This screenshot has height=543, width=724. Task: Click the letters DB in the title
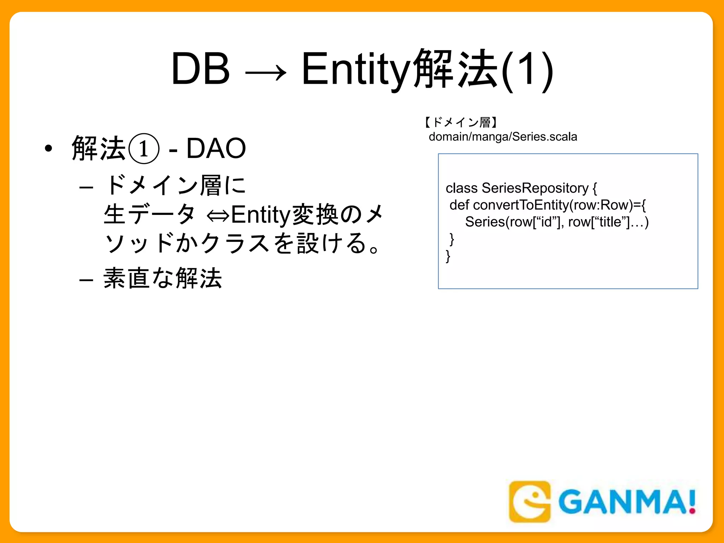[x=200, y=69]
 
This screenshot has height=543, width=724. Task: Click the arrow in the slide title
[x=265, y=72]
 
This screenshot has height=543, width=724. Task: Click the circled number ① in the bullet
[x=144, y=148]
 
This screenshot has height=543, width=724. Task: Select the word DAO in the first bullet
[x=216, y=148]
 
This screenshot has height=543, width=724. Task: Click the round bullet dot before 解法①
[x=48, y=148]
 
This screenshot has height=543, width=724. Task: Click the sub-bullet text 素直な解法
[x=163, y=279]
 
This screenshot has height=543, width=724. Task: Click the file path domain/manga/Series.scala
[x=503, y=137]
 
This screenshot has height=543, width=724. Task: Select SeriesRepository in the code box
[x=535, y=188]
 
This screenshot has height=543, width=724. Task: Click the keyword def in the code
[x=459, y=205]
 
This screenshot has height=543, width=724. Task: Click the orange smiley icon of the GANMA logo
[x=530, y=501]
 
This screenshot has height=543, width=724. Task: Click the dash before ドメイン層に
[x=86, y=187]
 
